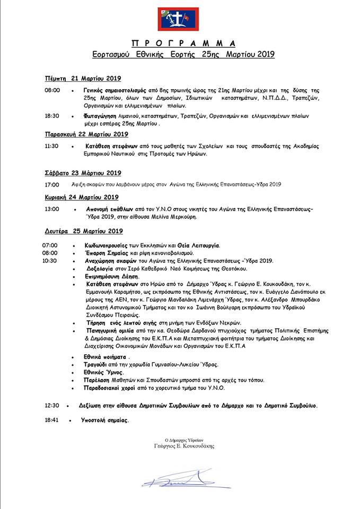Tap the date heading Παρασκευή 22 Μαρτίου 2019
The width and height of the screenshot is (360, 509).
tap(86, 134)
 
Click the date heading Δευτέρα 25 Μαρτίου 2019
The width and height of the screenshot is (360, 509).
tap(83, 231)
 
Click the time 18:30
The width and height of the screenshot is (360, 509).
tap(52, 116)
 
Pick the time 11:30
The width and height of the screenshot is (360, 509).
tap(52, 146)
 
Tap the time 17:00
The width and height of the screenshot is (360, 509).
tap(52, 185)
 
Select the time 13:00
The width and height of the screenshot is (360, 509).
tap(52, 209)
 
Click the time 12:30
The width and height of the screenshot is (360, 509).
tap(52, 406)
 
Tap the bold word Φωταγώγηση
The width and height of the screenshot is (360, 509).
tap(101, 116)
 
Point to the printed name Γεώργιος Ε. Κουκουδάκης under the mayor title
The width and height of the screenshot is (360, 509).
tap(180, 446)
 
